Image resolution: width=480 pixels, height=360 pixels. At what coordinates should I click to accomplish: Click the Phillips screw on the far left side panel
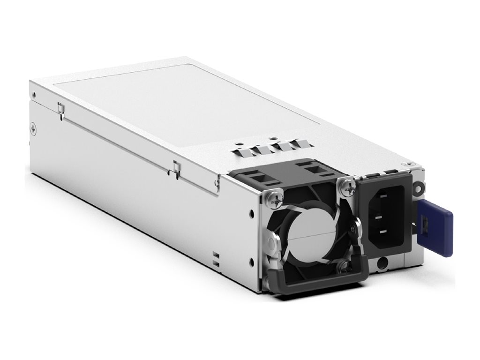(32, 126)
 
